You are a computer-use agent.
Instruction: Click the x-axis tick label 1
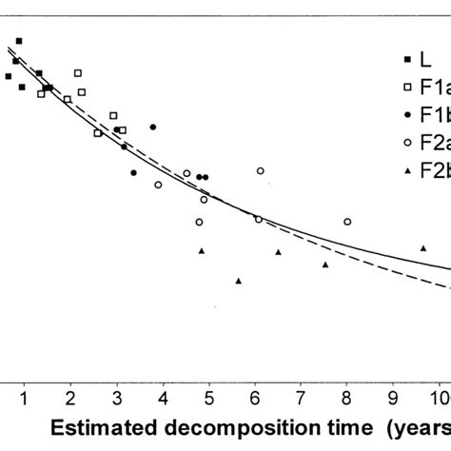point(24,395)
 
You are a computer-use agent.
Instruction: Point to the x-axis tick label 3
point(116,395)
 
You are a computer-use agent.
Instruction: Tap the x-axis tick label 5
point(208,395)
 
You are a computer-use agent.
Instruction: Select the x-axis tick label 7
point(301,395)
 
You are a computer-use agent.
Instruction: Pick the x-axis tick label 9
point(393,395)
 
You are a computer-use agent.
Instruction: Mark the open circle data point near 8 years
point(347,222)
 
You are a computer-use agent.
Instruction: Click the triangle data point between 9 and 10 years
point(423,248)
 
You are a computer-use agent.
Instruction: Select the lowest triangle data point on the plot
point(239,281)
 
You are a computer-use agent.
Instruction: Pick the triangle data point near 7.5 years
point(325,265)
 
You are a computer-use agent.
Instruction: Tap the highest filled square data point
point(19,41)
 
